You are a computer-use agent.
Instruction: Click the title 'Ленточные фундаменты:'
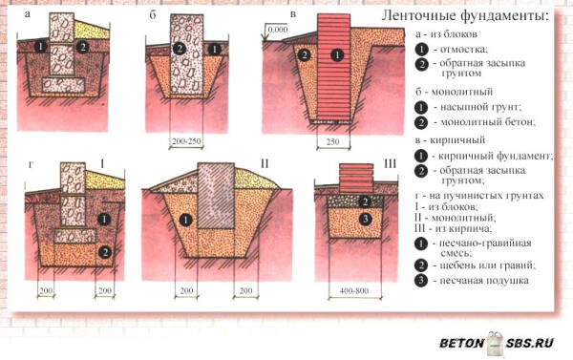coord(466,17)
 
